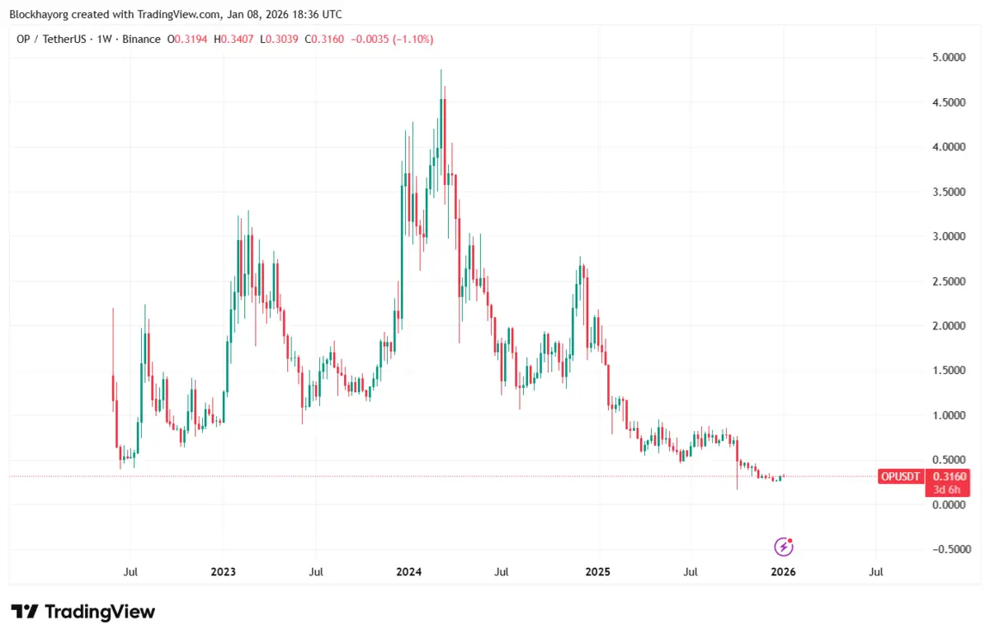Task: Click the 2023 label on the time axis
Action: click(223, 571)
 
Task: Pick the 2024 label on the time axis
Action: click(409, 571)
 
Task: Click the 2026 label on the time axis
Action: click(783, 571)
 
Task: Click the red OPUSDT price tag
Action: click(901, 476)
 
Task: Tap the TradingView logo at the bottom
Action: click(83, 612)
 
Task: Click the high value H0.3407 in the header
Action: click(235, 39)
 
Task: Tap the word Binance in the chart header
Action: click(142, 39)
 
